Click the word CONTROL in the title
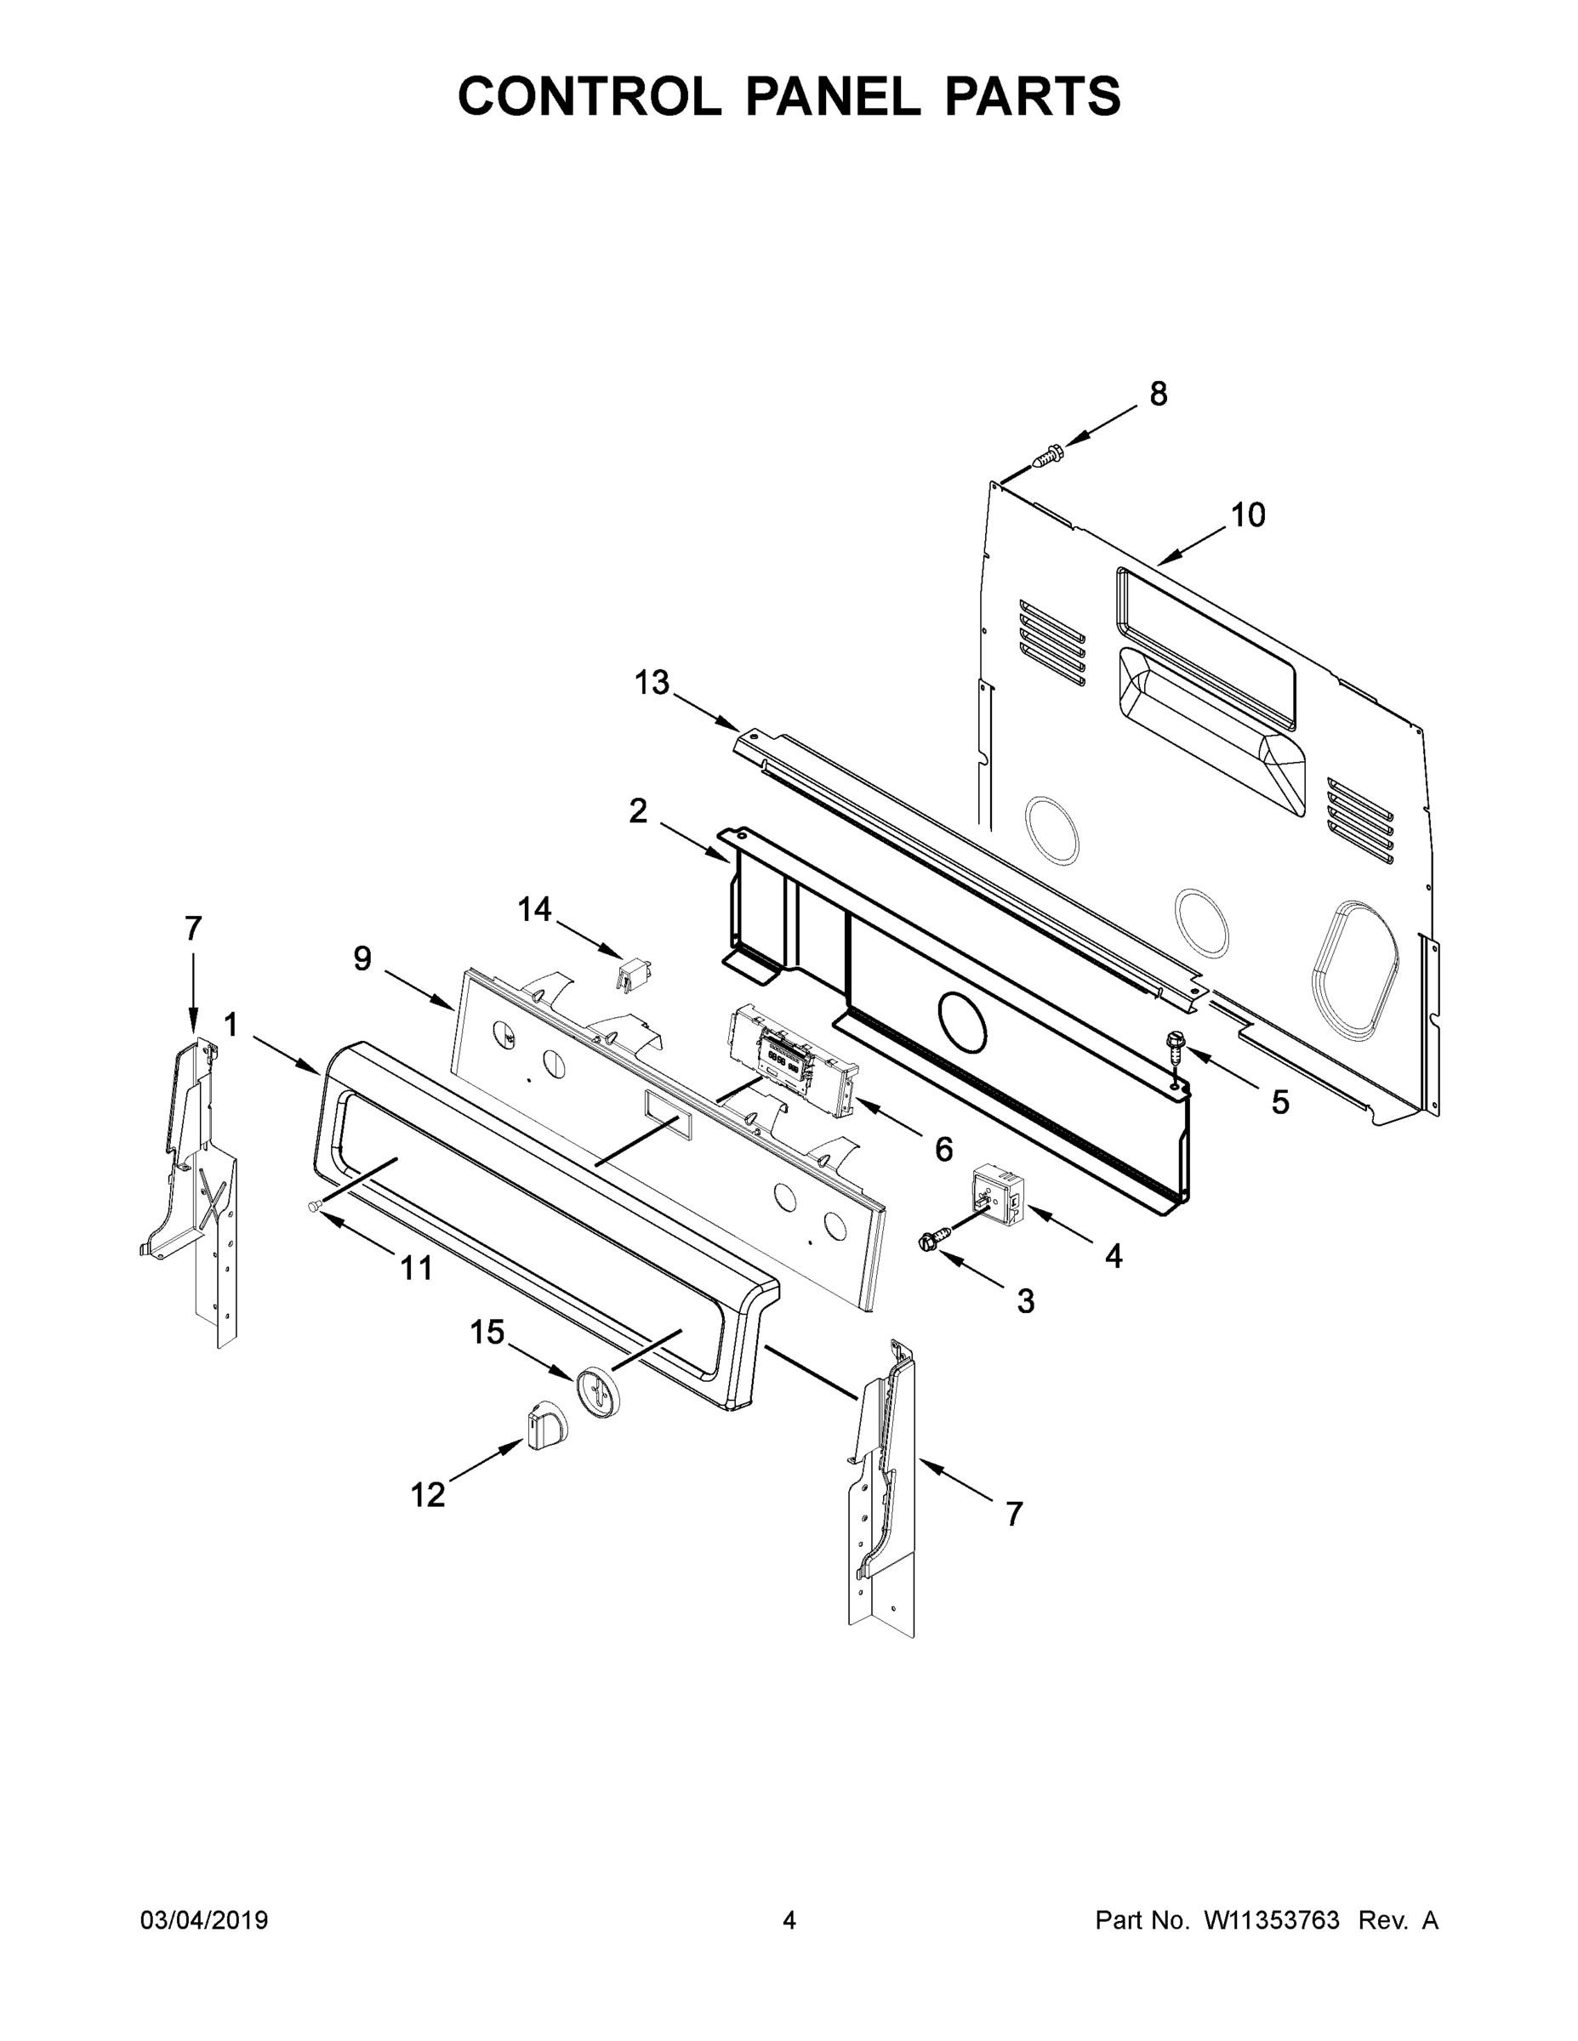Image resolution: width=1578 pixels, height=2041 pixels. (x=589, y=96)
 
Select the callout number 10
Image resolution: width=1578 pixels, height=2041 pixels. (x=1248, y=515)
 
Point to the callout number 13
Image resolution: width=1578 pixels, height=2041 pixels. (x=652, y=683)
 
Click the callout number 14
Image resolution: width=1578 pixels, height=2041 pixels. (x=535, y=909)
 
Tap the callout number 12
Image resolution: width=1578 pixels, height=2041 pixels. (x=428, y=1495)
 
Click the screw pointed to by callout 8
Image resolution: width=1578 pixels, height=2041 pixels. (x=1050, y=456)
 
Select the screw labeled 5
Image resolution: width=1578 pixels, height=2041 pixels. (x=1174, y=1046)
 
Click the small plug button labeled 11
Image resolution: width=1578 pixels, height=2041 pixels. (x=314, y=1208)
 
